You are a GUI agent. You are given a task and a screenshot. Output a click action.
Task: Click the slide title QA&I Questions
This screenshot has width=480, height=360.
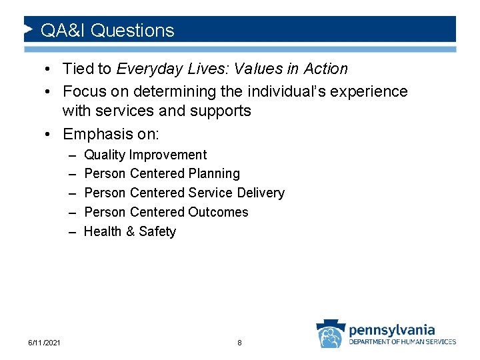coord(107,31)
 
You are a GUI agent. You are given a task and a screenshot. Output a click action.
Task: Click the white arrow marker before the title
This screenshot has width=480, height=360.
coord(28,29)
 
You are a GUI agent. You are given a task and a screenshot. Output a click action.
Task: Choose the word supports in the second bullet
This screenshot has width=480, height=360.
coord(221,111)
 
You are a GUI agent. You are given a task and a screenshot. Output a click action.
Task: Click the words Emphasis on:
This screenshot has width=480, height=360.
coord(111,134)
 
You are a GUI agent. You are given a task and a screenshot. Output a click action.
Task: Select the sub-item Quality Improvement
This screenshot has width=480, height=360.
coord(145,155)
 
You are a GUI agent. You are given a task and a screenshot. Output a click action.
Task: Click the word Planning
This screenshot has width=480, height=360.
coord(214,174)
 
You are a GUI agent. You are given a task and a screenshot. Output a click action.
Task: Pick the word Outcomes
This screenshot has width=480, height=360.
coord(218,213)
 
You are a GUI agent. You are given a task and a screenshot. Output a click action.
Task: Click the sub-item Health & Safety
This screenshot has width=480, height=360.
coord(130,232)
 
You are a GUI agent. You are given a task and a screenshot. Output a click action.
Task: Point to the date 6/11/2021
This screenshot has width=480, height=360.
coord(45,343)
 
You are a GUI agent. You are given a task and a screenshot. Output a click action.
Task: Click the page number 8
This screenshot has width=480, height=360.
coord(239,343)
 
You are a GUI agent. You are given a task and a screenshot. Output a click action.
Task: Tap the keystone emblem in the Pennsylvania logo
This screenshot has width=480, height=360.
coord(330,334)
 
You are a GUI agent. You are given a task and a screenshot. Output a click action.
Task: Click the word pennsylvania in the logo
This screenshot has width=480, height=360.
coord(392,329)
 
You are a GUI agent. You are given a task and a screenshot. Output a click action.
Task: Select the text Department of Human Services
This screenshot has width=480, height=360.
coord(403,342)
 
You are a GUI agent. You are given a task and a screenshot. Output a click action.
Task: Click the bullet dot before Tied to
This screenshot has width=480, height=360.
coord(51,69)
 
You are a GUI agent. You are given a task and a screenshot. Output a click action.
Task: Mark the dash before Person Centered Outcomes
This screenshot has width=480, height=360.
coord(71,213)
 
